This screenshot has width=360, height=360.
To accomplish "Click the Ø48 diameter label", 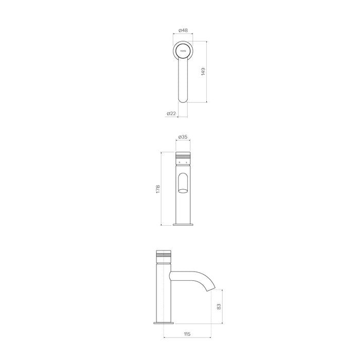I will [183, 30].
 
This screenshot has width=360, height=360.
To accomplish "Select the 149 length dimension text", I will [203, 71].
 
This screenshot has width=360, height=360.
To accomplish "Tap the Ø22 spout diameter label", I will [172, 113].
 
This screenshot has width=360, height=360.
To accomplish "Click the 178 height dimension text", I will [158, 189].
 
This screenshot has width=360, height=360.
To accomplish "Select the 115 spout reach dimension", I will [187, 334].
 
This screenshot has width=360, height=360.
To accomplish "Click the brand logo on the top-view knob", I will [183, 51].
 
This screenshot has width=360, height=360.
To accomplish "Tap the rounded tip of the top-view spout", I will [184, 98].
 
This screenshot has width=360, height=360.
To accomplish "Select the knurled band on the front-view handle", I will [184, 156].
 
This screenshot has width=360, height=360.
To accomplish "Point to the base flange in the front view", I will [184, 224].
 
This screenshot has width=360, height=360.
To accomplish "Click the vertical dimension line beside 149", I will [207, 71].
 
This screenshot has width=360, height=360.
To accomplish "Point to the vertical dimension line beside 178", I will [163, 189].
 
